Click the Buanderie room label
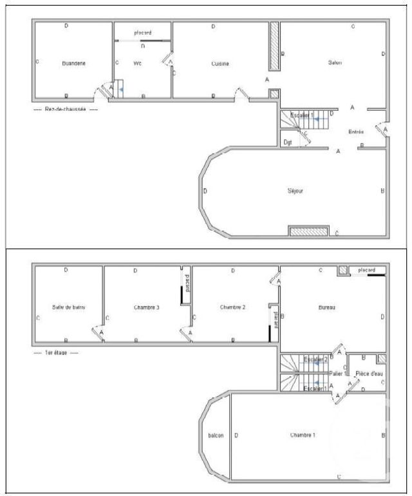(x=74, y=63)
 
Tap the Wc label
(x=137, y=63)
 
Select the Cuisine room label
(x=220, y=64)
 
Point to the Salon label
(x=335, y=62)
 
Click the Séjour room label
(x=295, y=191)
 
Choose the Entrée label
(x=356, y=132)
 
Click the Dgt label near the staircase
(x=288, y=141)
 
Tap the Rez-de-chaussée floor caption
(x=65, y=110)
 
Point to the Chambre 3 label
(x=146, y=307)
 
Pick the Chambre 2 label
(x=232, y=307)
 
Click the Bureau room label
(x=326, y=307)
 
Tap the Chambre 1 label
(x=303, y=435)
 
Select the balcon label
(x=216, y=435)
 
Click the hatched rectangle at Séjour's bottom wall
(x=308, y=231)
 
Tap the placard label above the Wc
(x=142, y=33)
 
